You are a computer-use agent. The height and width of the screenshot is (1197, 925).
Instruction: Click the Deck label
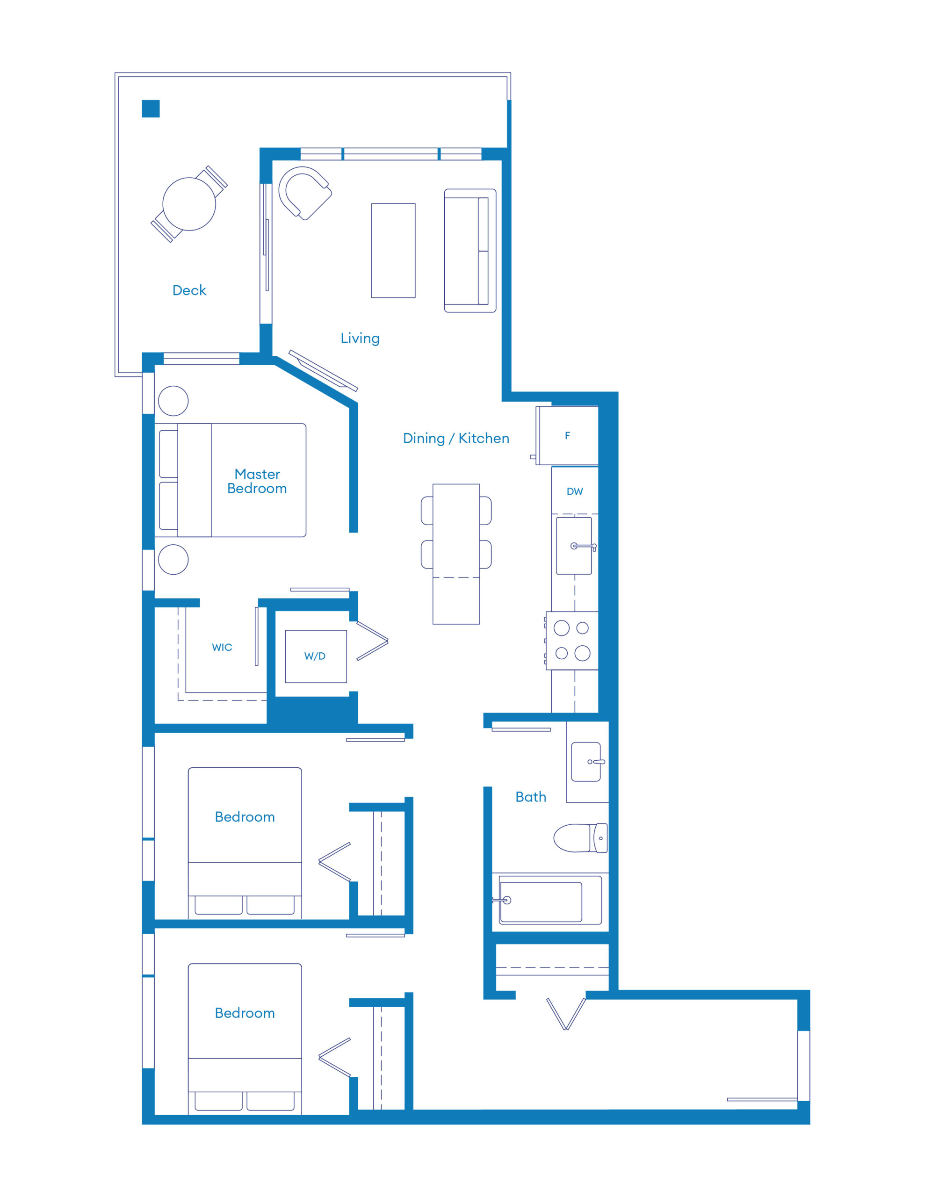click(189, 290)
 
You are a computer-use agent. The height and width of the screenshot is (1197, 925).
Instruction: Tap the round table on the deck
click(189, 204)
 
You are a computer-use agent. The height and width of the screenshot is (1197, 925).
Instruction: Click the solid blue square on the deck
click(151, 108)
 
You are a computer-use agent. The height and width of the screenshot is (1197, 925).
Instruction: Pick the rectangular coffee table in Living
click(393, 251)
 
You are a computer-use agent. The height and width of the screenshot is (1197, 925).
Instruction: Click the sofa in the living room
click(470, 251)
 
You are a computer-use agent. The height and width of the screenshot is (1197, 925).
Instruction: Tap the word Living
click(360, 338)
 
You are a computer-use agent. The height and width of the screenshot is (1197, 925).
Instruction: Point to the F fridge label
click(568, 435)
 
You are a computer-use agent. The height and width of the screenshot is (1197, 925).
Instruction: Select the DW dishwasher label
click(575, 491)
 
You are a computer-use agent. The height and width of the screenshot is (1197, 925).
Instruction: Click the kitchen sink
click(574, 546)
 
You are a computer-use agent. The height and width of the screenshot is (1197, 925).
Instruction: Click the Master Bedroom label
click(257, 481)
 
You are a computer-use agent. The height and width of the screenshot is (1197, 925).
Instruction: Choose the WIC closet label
click(222, 647)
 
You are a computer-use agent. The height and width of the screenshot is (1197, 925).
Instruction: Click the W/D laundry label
click(315, 656)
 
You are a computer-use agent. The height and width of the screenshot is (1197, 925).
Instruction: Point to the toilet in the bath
click(580, 838)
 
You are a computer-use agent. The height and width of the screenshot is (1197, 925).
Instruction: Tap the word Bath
click(531, 797)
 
